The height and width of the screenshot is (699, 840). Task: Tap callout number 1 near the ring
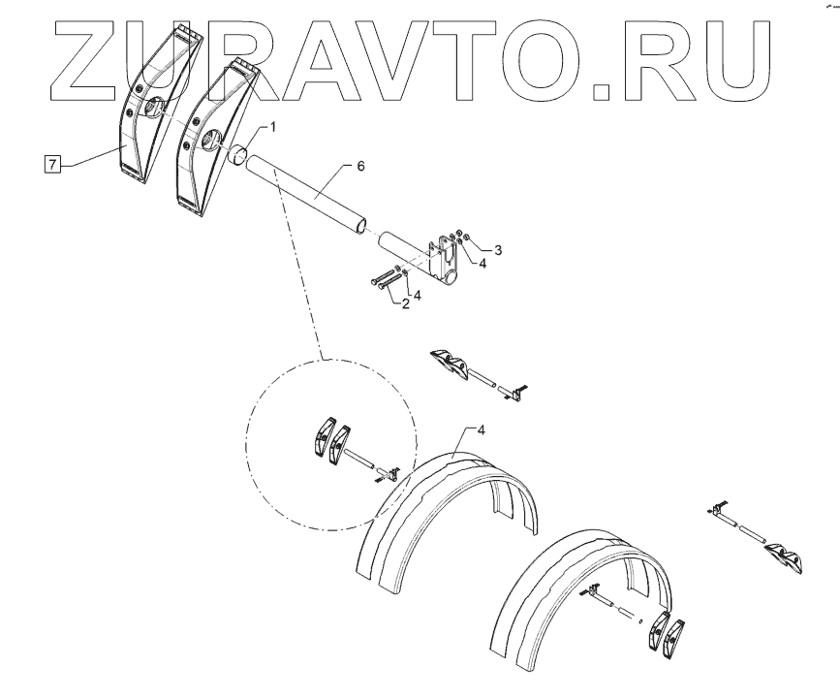tap(273, 127)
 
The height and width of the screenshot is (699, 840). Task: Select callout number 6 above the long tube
tap(360, 167)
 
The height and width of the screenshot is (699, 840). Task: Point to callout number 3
tap(498, 250)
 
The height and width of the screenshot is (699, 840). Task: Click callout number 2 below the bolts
tap(405, 303)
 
